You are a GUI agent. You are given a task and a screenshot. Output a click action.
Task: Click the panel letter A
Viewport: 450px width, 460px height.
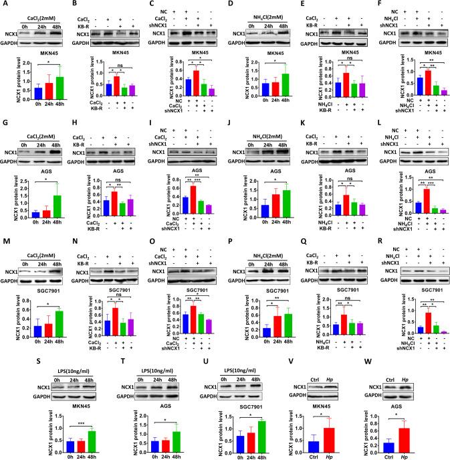point(4,5)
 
